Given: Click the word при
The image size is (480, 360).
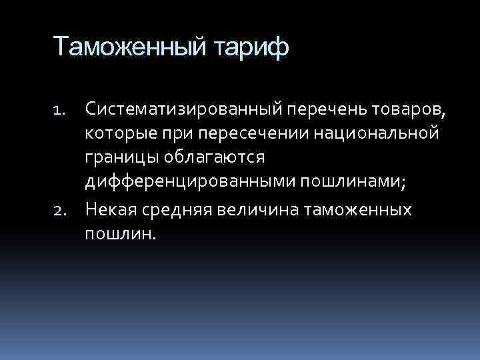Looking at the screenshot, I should [169, 134].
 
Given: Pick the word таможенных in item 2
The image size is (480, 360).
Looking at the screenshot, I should [357, 210].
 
